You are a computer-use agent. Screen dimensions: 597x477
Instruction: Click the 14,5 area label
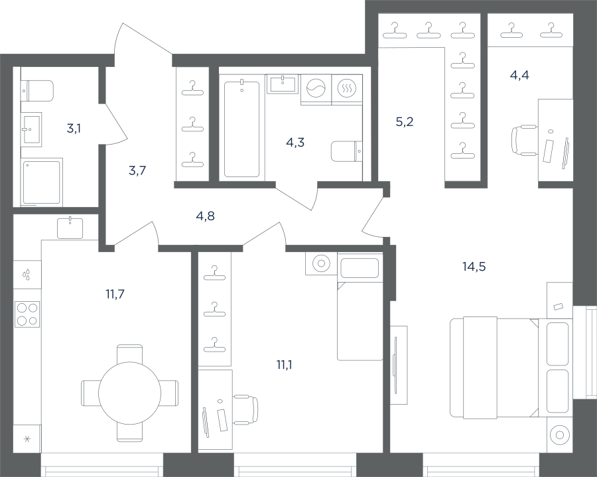474,267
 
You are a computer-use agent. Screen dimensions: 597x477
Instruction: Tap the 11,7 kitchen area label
115,294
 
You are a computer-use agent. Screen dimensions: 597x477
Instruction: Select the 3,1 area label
74,129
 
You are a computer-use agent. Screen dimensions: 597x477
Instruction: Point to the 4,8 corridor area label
205,216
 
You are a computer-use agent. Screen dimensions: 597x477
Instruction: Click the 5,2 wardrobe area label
405,122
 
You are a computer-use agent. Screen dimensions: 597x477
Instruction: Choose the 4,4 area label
519,76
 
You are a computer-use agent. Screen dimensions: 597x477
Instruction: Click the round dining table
130,393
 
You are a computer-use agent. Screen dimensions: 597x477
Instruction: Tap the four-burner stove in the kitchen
27,314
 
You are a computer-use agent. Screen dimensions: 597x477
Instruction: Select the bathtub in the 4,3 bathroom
241,128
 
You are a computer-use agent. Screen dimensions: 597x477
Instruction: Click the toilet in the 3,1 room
37,91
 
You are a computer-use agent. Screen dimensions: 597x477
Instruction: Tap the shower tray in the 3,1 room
42,182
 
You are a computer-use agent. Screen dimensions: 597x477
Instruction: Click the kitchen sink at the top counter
70,228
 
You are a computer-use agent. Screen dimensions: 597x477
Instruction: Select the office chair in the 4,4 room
523,140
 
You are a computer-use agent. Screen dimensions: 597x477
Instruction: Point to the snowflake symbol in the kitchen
27,439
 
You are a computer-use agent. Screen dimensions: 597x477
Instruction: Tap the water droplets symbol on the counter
27,275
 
